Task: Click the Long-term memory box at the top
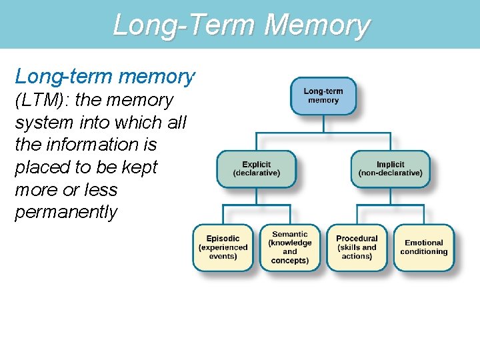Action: [323, 96]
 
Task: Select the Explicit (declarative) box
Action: [257, 169]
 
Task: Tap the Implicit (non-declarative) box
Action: [390, 169]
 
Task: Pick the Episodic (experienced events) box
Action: [223, 247]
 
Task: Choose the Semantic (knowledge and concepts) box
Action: [290, 247]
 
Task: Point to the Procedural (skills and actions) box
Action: [357, 247]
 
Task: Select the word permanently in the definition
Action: [66, 213]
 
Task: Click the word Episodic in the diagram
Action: [223, 239]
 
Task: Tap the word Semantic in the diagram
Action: [290, 235]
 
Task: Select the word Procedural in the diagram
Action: [357, 239]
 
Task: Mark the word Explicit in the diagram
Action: [257, 165]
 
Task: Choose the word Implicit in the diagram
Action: [390, 165]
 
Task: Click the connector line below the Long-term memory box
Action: [323, 124]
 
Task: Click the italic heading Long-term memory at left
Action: [105, 77]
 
